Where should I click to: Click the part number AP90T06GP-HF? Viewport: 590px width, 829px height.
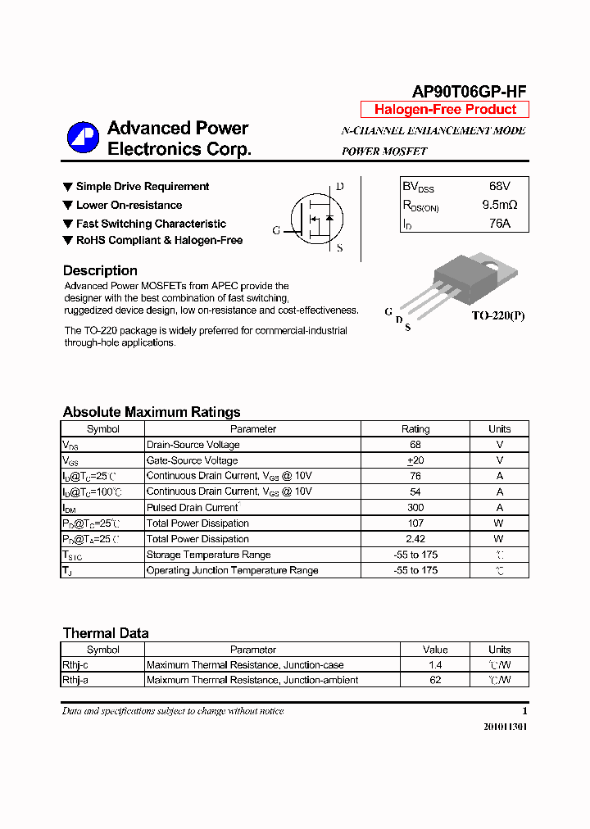click(470, 92)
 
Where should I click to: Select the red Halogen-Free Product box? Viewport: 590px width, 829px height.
click(445, 110)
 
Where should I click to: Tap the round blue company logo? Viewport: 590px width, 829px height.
click(83, 138)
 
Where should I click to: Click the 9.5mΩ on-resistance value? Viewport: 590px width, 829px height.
click(500, 205)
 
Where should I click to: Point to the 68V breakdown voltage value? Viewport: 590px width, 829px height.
click(500, 187)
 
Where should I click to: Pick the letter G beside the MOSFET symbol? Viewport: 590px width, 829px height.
click(276, 231)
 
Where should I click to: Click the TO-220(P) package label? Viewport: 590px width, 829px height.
click(497, 315)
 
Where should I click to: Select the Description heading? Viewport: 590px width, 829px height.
click(100, 270)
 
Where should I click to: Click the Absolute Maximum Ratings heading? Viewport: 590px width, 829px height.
click(152, 412)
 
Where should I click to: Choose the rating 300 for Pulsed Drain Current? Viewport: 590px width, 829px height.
click(415, 508)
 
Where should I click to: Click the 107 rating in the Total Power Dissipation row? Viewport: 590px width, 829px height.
click(415, 523)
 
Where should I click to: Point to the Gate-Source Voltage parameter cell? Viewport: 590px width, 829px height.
click(192, 460)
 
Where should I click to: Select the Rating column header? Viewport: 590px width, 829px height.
click(415, 429)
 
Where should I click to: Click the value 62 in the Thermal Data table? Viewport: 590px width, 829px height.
click(435, 680)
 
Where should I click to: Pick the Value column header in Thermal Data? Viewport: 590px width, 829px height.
click(435, 650)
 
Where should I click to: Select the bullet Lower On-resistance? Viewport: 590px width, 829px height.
click(129, 206)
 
